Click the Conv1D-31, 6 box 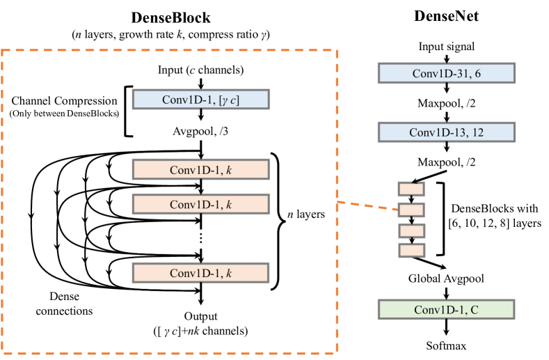click(x=446, y=73)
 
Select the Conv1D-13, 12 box click(x=446, y=132)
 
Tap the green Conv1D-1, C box click(x=446, y=309)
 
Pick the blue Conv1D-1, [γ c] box click(x=200, y=100)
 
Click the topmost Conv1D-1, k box click(x=200, y=169)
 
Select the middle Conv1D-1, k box click(x=200, y=204)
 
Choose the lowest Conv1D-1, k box click(x=200, y=273)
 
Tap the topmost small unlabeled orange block click(x=411, y=189)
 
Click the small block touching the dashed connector click(x=411, y=210)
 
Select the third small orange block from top click(x=411, y=230)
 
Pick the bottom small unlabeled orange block click(x=411, y=250)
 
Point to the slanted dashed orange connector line click(x=367, y=205)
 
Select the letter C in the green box click(x=474, y=310)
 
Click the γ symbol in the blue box click(x=226, y=100)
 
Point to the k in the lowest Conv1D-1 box click(x=228, y=274)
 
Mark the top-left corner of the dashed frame click(x=2, y=50)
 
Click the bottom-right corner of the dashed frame click(x=337, y=352)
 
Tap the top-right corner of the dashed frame click(x=337, y=50)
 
